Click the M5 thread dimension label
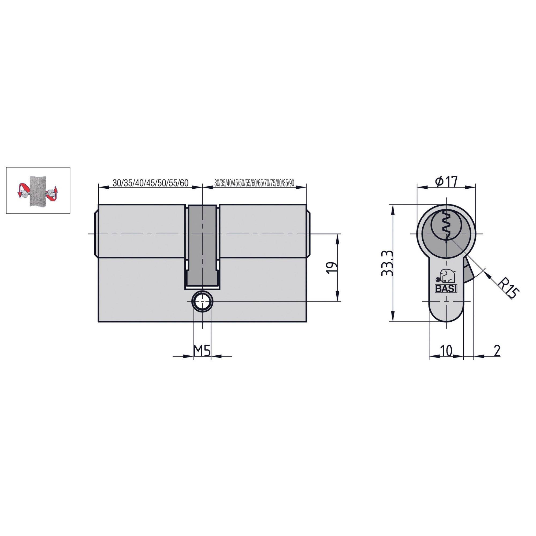(x=202, y=351)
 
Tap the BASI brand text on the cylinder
(x=446, y=289)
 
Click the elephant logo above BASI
(x=446, y=276)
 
